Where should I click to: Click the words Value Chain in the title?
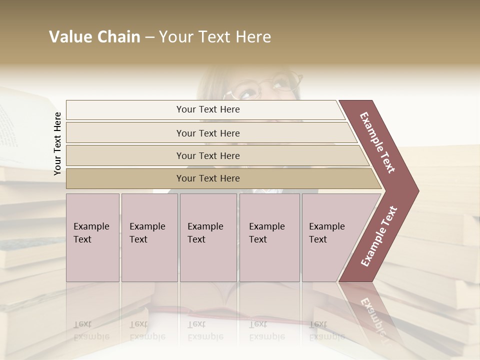click(94, 37)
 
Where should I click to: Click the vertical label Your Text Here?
click(57, 143)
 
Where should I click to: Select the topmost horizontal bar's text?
click(208, 109)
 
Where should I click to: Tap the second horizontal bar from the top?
click(208, 133)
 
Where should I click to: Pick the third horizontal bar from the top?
click(208, 155)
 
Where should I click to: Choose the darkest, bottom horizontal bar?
click(208, 178)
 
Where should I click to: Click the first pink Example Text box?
click(92, 237)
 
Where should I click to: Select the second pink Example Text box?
click(149, 237)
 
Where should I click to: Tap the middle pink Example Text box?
click(208, 237)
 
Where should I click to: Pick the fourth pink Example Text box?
click(269, 237)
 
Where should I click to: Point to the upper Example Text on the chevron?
click(377, 142)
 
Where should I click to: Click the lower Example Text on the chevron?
click(378, 236)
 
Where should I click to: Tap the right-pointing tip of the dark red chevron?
click(415, 190)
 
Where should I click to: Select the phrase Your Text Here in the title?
click(215, 37)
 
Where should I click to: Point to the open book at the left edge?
click(20, 125)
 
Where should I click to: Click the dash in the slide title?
click(149, 37)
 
